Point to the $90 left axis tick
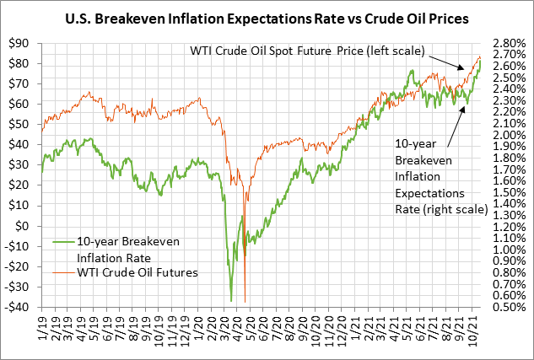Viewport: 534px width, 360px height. coord(21,43)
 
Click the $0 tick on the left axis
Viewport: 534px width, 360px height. coord(26,226)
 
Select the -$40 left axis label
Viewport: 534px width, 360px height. coord(19,307)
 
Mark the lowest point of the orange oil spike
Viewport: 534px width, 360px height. coord(245,302)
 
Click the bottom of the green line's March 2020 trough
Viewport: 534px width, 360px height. coord(230,300)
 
